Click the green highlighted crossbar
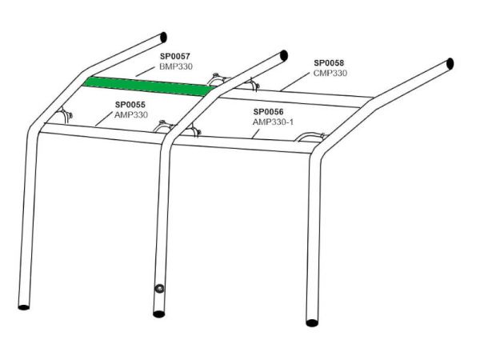coord(150,86)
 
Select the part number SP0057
coord(174,56)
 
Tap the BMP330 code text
coord(176,66)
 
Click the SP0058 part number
coord(329,62)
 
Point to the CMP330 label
coord(330,73)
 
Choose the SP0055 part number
coord(130,105)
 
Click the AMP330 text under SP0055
coord(131,114)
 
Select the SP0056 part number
coord(269,112)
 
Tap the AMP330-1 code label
coord(273,122)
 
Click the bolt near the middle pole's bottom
coord(159,288)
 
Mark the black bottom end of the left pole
coord(24,306)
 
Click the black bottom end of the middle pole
coord(159,314)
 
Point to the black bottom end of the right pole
coord(312,322)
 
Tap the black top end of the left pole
coord(163,37)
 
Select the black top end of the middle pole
coord(284,55)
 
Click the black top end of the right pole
coord(450,64)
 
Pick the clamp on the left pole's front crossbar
coord(64,115)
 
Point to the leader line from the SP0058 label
coord(295,81)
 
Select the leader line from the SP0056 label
coord(256,134)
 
